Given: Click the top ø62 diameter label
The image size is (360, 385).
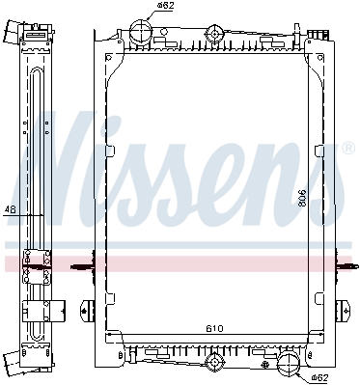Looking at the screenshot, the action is pyautogui.click(x=165, y=6).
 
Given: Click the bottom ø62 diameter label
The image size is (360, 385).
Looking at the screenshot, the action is pyautogui.click(x=319, y=377).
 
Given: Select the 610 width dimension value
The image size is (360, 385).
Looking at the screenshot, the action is pyautogui.click(x=214, y=329).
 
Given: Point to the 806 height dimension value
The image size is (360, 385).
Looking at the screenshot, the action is pyautogui.click(x=302, y=199).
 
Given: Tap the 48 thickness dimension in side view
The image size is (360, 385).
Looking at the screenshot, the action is pyautogui.click(x=11, y=209).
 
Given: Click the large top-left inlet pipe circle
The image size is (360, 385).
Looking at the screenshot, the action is pyautogui.click(x=140, y=31).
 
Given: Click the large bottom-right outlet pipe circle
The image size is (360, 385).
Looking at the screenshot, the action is pyautogui.click(x=289, y=363).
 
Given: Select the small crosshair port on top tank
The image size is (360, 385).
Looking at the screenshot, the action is pyautogui.click(x=214, y=34).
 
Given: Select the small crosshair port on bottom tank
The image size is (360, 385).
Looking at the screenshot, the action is pyautogui.click(x=214, y=362).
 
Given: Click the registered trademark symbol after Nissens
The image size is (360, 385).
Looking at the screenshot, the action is pyautogui.click(x=346, y=148).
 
